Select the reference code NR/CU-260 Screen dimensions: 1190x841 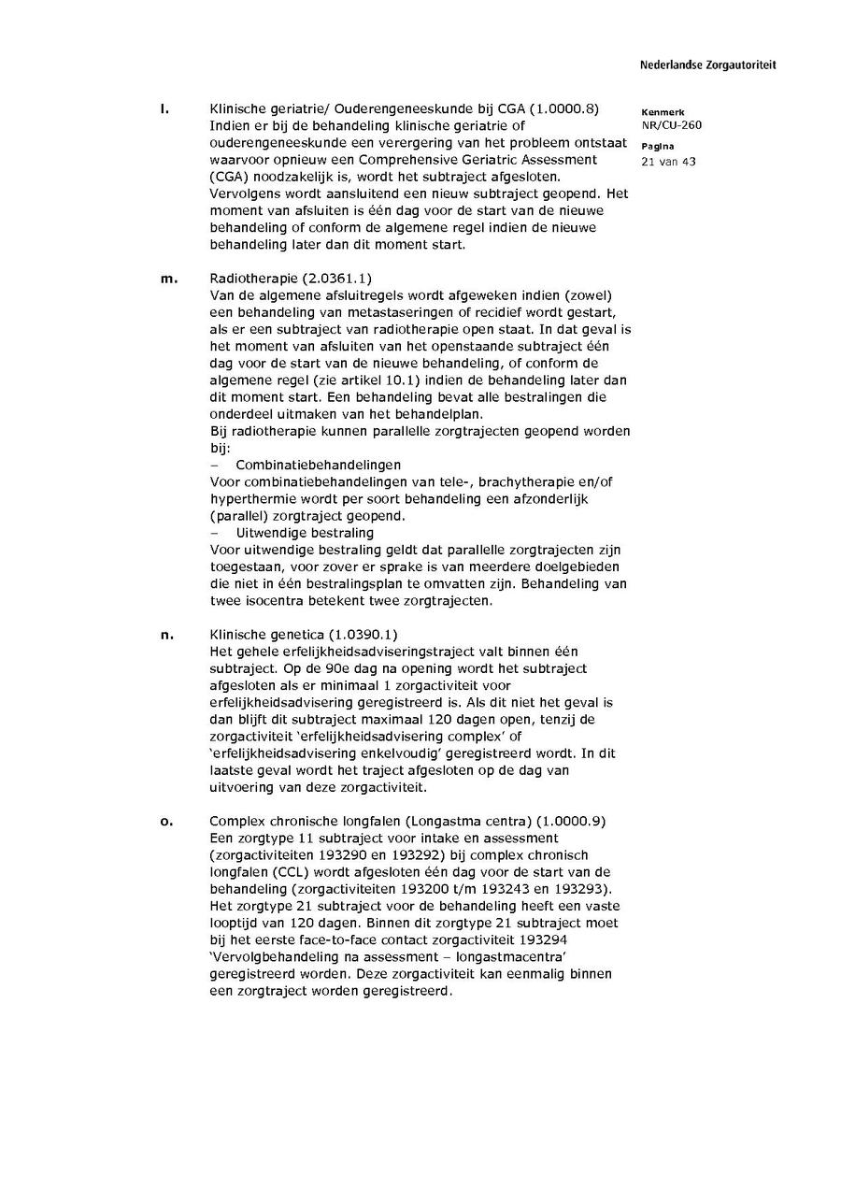[x=671, y=125]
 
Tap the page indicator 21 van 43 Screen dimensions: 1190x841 [x=669, y=162]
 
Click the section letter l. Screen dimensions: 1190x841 [x=164, y=109]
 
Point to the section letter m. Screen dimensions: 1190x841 [x=168, y=279]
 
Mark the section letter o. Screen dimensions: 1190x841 [x=166, y=822]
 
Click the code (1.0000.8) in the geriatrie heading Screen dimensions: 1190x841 [x=564, y=109]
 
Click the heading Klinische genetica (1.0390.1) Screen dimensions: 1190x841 [x=304, y=636]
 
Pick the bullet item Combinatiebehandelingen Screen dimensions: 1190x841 [x=318, y=465]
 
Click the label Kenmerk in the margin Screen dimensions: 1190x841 [x=663, y=112]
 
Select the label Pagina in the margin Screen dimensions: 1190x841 [x=658, y=148]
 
